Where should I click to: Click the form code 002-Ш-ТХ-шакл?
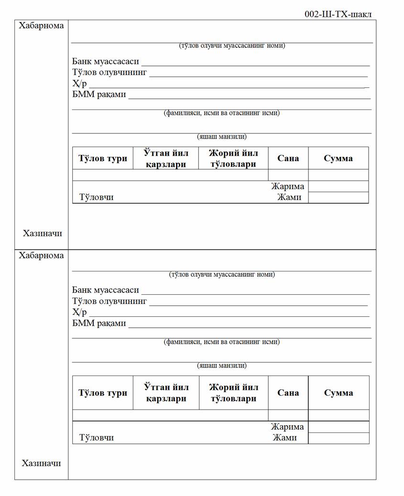[x=338, y=14]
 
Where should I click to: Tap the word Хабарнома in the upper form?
[x=41, y=26]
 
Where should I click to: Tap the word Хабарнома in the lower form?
[x=41, y=255]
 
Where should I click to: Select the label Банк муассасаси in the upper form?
[x=106, y=61]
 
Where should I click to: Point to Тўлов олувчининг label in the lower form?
[x=109, y=301]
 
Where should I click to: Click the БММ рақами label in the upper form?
[x=99, y=94]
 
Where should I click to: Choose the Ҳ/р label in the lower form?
[x=79, y=313]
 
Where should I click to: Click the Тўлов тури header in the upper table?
[x=103, y=158]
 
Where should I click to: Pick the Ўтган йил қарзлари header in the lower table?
[x=166, y=392]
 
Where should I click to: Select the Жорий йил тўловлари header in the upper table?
[x=233, y=158]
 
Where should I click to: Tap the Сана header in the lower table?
[x=288, y=392]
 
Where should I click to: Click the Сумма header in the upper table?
[x=338, y=158]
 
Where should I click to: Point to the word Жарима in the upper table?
[x=287, y=186]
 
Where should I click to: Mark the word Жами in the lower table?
[x=284, y=438]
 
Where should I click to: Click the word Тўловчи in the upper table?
[x=97, y=197]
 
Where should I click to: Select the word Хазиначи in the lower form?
[x=41, y=463]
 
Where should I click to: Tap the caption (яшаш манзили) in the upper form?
[x=222, y=137]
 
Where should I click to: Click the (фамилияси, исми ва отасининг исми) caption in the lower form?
[x=221, y=342]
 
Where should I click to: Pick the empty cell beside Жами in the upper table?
[x=338, y=197]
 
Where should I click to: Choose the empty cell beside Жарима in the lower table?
[x=338, y=427]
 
